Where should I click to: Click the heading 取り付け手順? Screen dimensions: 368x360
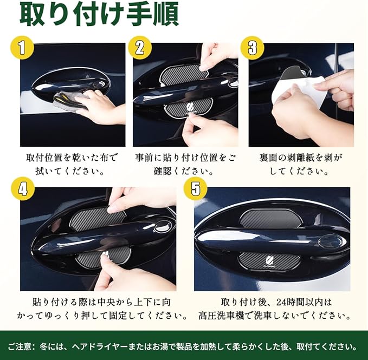pyautogui.click(x=99, y=15)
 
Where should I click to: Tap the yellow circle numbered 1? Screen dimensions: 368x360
pyautogui.click(x=22, y=48)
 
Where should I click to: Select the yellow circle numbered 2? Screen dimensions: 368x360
pyautogui.click(x=140, y=48)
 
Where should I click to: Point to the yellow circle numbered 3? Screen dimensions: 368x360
pyautogui.click(x=253, y=48)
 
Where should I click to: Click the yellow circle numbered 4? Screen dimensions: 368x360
pyautogui.click(x=23, y=189)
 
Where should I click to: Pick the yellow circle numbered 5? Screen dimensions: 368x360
pyautogui.click(x=195, y=189)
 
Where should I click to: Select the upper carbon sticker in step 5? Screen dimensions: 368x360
pyautogui.click(x=270, y=219)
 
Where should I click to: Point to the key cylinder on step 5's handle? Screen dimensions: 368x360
pyautogui.click(x=329, y=241)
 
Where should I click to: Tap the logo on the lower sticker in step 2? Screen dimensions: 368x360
pyautogui.click(x=190, y=108)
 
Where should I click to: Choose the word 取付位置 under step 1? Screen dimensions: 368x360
pyautogui.click(x=44, y=158)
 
